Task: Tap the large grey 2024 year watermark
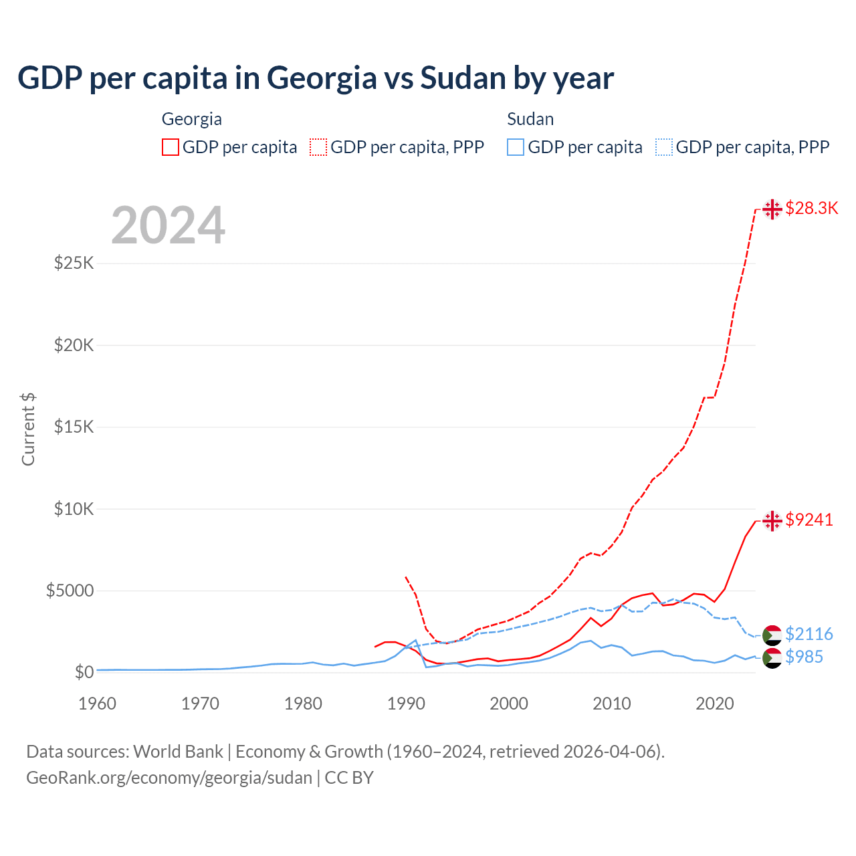pos(168,226)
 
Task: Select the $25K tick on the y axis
pos(74,263)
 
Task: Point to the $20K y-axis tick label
pos(74,345)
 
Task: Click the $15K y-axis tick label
pos(74,427)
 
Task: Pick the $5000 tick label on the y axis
pos(70,591)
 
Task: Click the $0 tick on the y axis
pos(84,672)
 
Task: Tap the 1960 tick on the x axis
pos(98,704)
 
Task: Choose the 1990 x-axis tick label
pos(406,704)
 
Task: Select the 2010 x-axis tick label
pos(612,704)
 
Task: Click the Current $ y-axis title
pos(28,429)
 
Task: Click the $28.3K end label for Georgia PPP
pos(811,208)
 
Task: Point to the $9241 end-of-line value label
pos(809,520)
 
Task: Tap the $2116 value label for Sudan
pos(809,634)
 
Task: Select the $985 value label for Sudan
pos(804,657)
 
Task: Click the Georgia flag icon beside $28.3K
pos(772,209)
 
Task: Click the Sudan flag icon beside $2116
pos(772,635)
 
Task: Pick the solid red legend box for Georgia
pos(171,147)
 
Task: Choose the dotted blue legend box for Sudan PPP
pos(664,147)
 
